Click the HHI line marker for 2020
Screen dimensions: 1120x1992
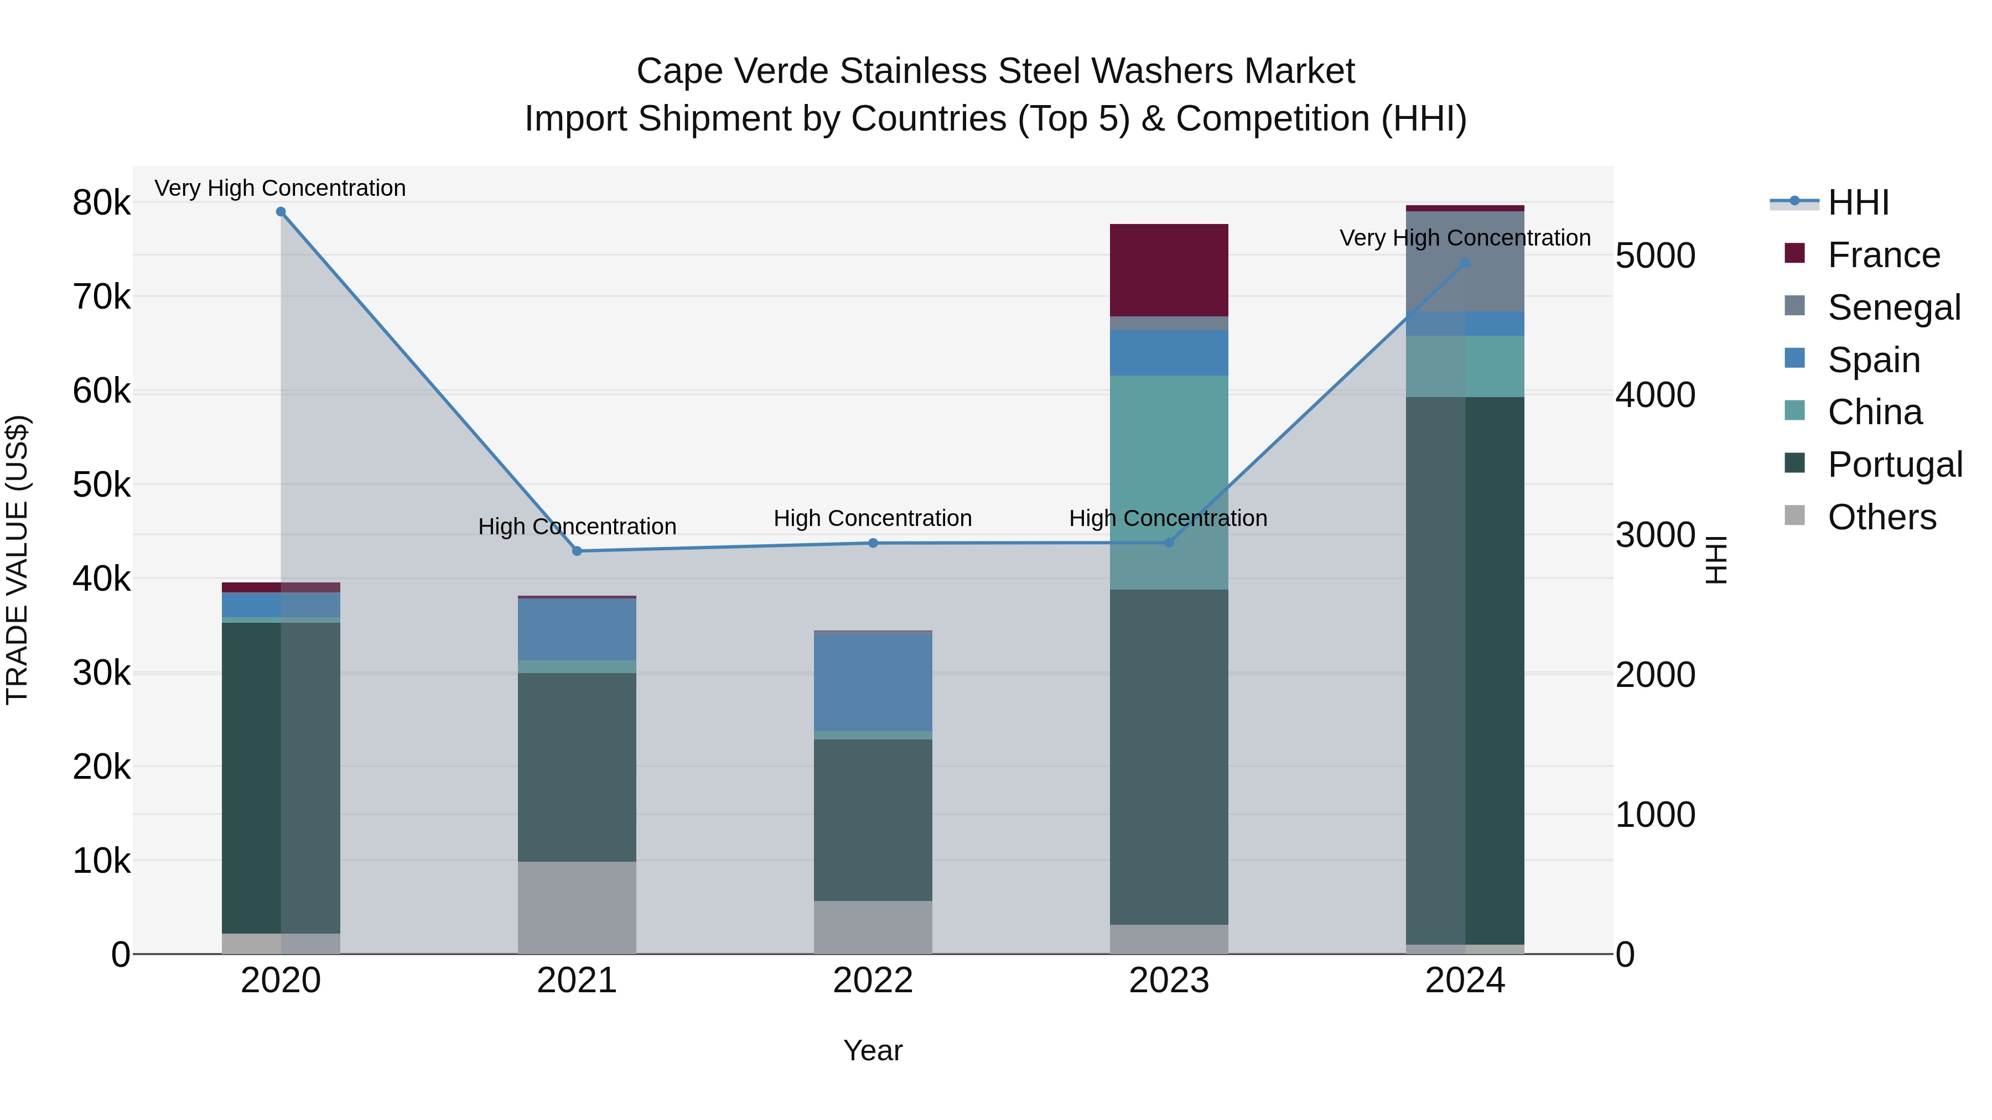281,212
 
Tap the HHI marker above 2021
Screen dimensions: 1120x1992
577,551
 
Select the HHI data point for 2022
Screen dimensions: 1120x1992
873,543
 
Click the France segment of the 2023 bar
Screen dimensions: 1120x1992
1169,270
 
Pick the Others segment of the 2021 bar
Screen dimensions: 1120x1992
577,908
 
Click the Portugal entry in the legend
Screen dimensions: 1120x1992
1894,465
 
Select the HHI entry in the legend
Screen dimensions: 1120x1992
1858,202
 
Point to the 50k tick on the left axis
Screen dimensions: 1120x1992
101,486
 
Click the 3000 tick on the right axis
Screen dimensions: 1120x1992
1656,535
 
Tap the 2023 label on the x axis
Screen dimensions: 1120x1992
1169,981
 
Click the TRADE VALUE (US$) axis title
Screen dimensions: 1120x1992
17,560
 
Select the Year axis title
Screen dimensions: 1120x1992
873,1050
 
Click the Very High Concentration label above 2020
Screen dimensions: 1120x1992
280,188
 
